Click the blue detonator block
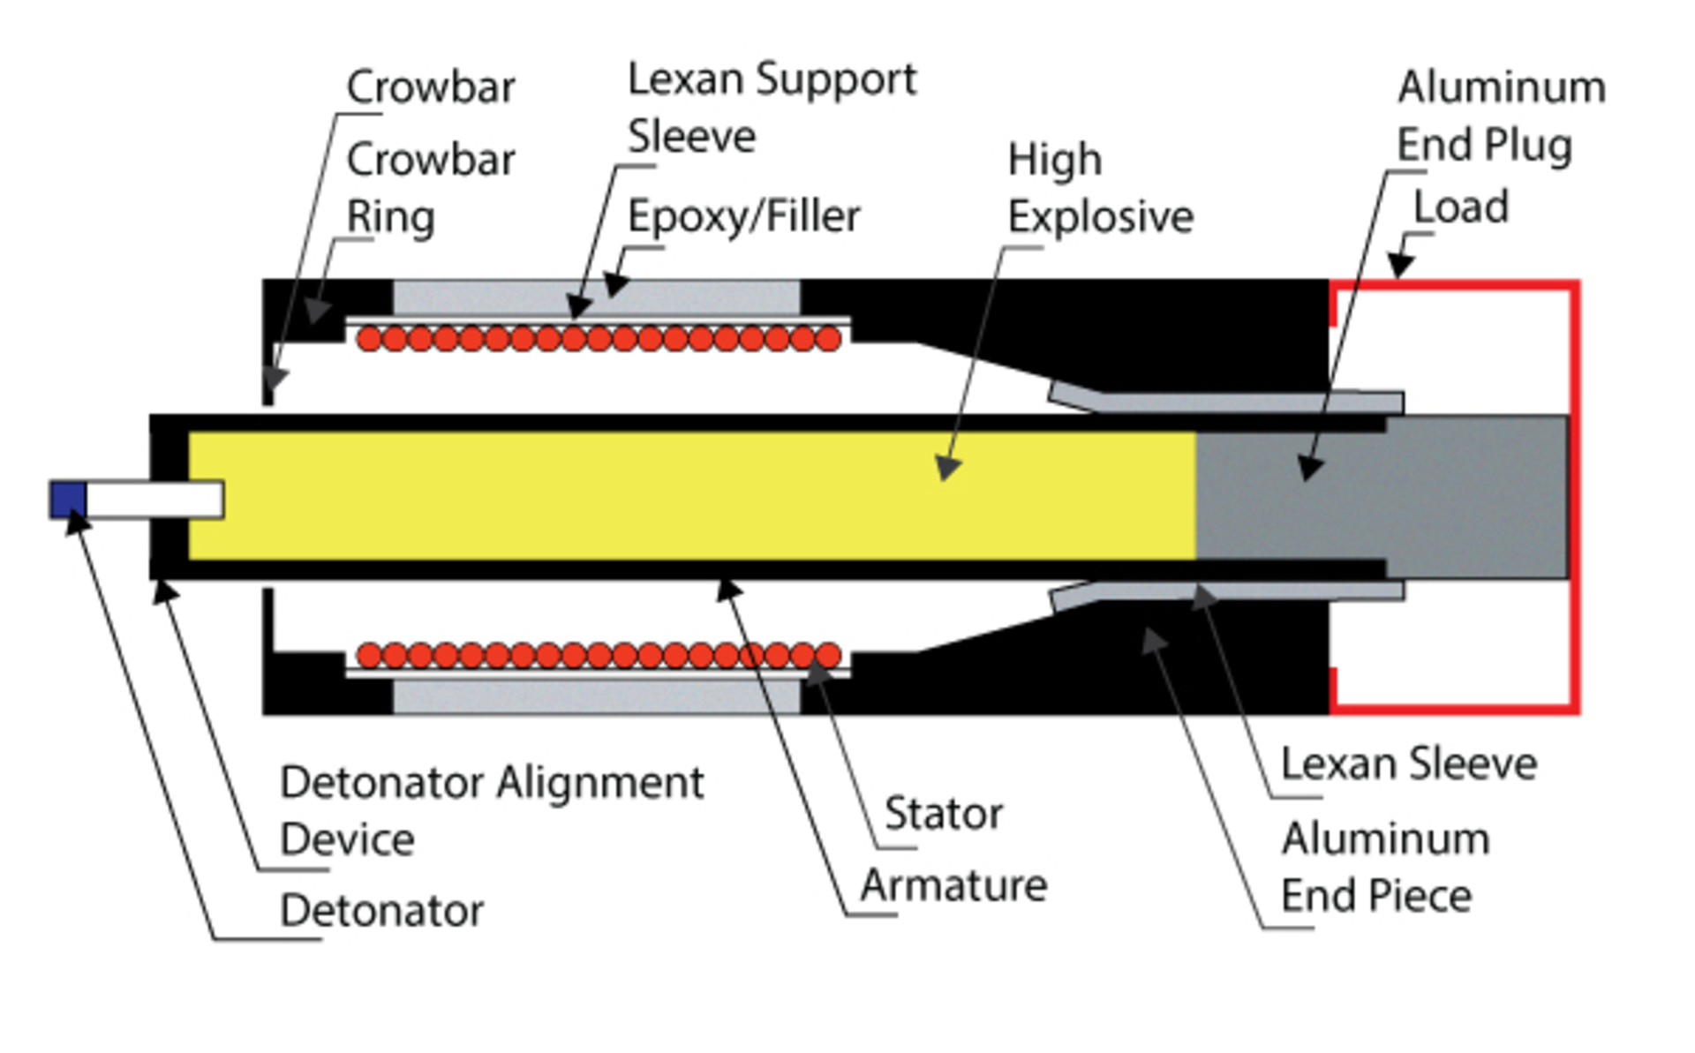click(68, 500)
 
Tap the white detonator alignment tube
click(154, 500)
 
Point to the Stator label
click(943, 814)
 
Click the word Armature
click(953, 885)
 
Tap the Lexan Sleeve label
click(1408, 764)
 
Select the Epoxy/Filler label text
click(743, 217)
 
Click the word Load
click(1460, 207)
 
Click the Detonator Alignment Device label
click(491, 810)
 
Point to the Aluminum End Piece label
click(1384, 868)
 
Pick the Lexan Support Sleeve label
click(771, 108)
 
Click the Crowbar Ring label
click(430, 188)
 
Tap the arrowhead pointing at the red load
click(1400, 264)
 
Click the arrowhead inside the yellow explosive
click(948, 467)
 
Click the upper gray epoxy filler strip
click(596, 297)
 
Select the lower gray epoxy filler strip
click(596, 696)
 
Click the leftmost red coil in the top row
click(370, 338)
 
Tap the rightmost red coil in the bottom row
click(828, 655)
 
